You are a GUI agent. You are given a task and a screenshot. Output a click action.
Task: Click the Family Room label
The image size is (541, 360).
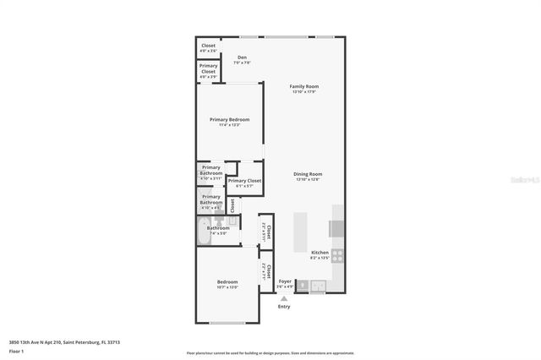(304, 86)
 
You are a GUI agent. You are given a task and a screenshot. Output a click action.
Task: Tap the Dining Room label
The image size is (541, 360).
(309, 174)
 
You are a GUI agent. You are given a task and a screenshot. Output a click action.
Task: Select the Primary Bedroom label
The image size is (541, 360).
(230, 119)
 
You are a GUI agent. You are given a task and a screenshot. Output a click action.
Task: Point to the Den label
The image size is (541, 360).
(242, 57)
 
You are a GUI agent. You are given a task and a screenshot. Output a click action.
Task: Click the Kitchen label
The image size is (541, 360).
(320, 253)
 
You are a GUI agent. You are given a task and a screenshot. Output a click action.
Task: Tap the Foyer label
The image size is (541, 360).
(285, 281)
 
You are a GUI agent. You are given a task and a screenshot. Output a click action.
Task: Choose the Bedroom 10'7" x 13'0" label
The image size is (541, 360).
(227, 281)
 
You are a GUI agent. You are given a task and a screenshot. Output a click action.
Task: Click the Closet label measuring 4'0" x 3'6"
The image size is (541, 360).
(208, 46)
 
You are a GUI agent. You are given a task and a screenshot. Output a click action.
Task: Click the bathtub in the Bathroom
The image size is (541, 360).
(205, 232)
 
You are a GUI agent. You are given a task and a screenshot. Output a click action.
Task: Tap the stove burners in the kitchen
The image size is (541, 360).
(337, 254)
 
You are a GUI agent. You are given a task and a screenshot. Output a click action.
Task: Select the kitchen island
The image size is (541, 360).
(299, 230)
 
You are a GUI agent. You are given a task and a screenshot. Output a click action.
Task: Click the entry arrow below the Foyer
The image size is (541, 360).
(284, 297)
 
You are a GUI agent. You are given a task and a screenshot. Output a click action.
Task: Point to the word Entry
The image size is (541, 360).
(284, 306)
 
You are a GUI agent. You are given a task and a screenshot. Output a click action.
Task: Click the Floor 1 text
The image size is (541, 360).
(16, 350)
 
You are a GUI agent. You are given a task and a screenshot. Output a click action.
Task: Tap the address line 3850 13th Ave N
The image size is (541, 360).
(64, 341)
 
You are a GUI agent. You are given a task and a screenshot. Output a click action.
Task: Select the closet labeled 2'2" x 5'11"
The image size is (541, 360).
(265, 230)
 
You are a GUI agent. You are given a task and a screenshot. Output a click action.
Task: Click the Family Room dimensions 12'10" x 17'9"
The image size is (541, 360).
(304, 91)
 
